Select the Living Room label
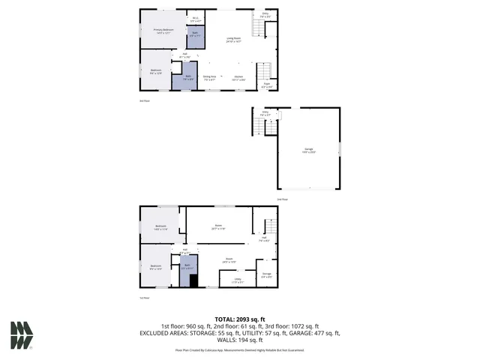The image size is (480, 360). (x=234, y=39)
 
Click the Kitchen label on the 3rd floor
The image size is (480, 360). (x=238, y=77)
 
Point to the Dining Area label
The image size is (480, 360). (x=209, y=77)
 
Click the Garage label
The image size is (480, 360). (x=308, y=150)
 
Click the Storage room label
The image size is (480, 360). (x=266, y=274)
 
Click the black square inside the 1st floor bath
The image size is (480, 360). (x=193, y=282)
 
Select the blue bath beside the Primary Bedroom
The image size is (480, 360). (x=194, y=36)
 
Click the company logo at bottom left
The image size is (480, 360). (x=22, y=334)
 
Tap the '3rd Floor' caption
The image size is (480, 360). (x=145, y=100)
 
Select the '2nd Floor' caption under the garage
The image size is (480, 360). (x=283, y=199)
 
